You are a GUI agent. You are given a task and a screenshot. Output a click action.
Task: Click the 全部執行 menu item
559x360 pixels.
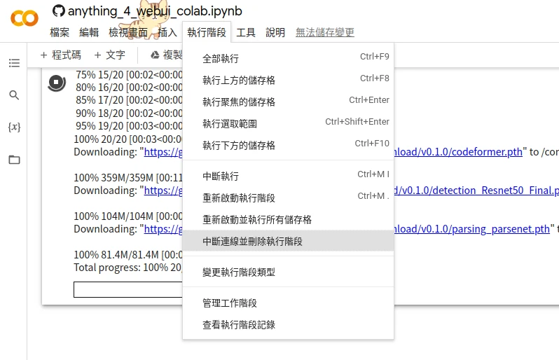pos(221,59)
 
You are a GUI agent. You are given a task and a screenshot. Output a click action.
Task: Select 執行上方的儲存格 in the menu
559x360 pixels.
pos(239,81)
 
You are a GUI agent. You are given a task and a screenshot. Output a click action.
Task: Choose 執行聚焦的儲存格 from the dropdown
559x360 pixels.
pos(239,102)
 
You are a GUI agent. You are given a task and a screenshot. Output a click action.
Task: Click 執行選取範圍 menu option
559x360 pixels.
pos(230,124)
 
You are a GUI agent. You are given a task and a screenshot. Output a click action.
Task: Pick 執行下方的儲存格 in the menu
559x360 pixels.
pos(239,146)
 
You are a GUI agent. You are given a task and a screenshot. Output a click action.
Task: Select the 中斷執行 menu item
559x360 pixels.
pos(221,176)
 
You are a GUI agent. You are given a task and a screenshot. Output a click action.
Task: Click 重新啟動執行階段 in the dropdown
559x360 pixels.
pos(239,198)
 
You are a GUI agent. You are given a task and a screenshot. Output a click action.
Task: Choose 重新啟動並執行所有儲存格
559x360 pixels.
pos(257,220)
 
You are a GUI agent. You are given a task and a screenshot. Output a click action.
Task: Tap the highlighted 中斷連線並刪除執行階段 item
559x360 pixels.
pos(253,242)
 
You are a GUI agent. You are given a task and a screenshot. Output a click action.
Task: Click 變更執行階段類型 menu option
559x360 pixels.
pos(239,272)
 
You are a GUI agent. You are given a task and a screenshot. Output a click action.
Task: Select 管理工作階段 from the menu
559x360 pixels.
pos(230,303)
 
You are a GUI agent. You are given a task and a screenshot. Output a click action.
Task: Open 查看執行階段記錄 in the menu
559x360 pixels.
pos(239,325)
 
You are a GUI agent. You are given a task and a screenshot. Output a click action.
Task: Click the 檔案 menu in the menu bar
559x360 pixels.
pos(60,33)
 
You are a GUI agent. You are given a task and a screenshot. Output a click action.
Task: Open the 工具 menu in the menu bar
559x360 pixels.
pos(246,33)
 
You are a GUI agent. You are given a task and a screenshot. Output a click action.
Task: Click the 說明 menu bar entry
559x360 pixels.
pos(275,33)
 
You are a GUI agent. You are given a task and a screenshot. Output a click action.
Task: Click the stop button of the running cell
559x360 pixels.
pos(57,82)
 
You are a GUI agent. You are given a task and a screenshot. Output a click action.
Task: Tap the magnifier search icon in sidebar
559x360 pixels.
pos(14,95)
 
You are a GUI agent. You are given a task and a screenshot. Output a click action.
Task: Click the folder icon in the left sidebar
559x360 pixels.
pos(14,160)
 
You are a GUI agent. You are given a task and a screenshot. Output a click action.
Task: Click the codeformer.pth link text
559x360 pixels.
pos(484,152)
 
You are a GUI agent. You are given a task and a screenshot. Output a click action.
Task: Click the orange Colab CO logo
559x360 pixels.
pos(24,18)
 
